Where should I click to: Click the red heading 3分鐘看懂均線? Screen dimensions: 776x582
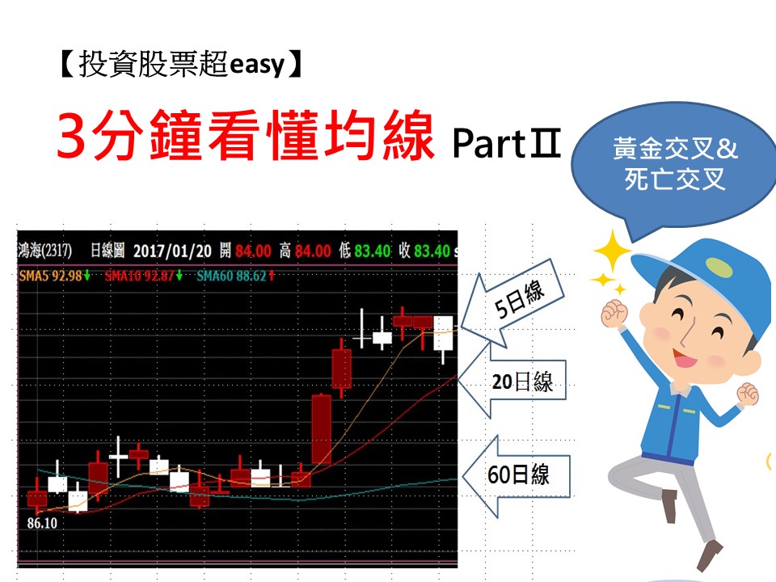coord(246,135)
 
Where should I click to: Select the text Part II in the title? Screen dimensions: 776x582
coord(506,144)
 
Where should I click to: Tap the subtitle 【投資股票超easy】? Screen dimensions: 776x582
coord(180,65)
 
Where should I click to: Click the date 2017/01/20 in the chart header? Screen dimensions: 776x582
coord(172,251)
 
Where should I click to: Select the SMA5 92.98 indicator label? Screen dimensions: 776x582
coord(54,275)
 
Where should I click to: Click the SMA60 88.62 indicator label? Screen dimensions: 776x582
coord(235,275)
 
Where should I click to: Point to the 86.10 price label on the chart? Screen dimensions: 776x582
coord(42,523)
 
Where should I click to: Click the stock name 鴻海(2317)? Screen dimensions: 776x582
coord(44,251)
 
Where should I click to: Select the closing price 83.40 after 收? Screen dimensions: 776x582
coord(432,251)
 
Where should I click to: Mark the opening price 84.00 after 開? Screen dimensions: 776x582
coord(253,251)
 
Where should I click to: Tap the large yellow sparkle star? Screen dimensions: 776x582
coord(613,251)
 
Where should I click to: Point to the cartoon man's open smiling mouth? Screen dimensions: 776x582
coord(685,356)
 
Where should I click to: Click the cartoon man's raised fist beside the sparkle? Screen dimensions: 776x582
coord(614,314)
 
